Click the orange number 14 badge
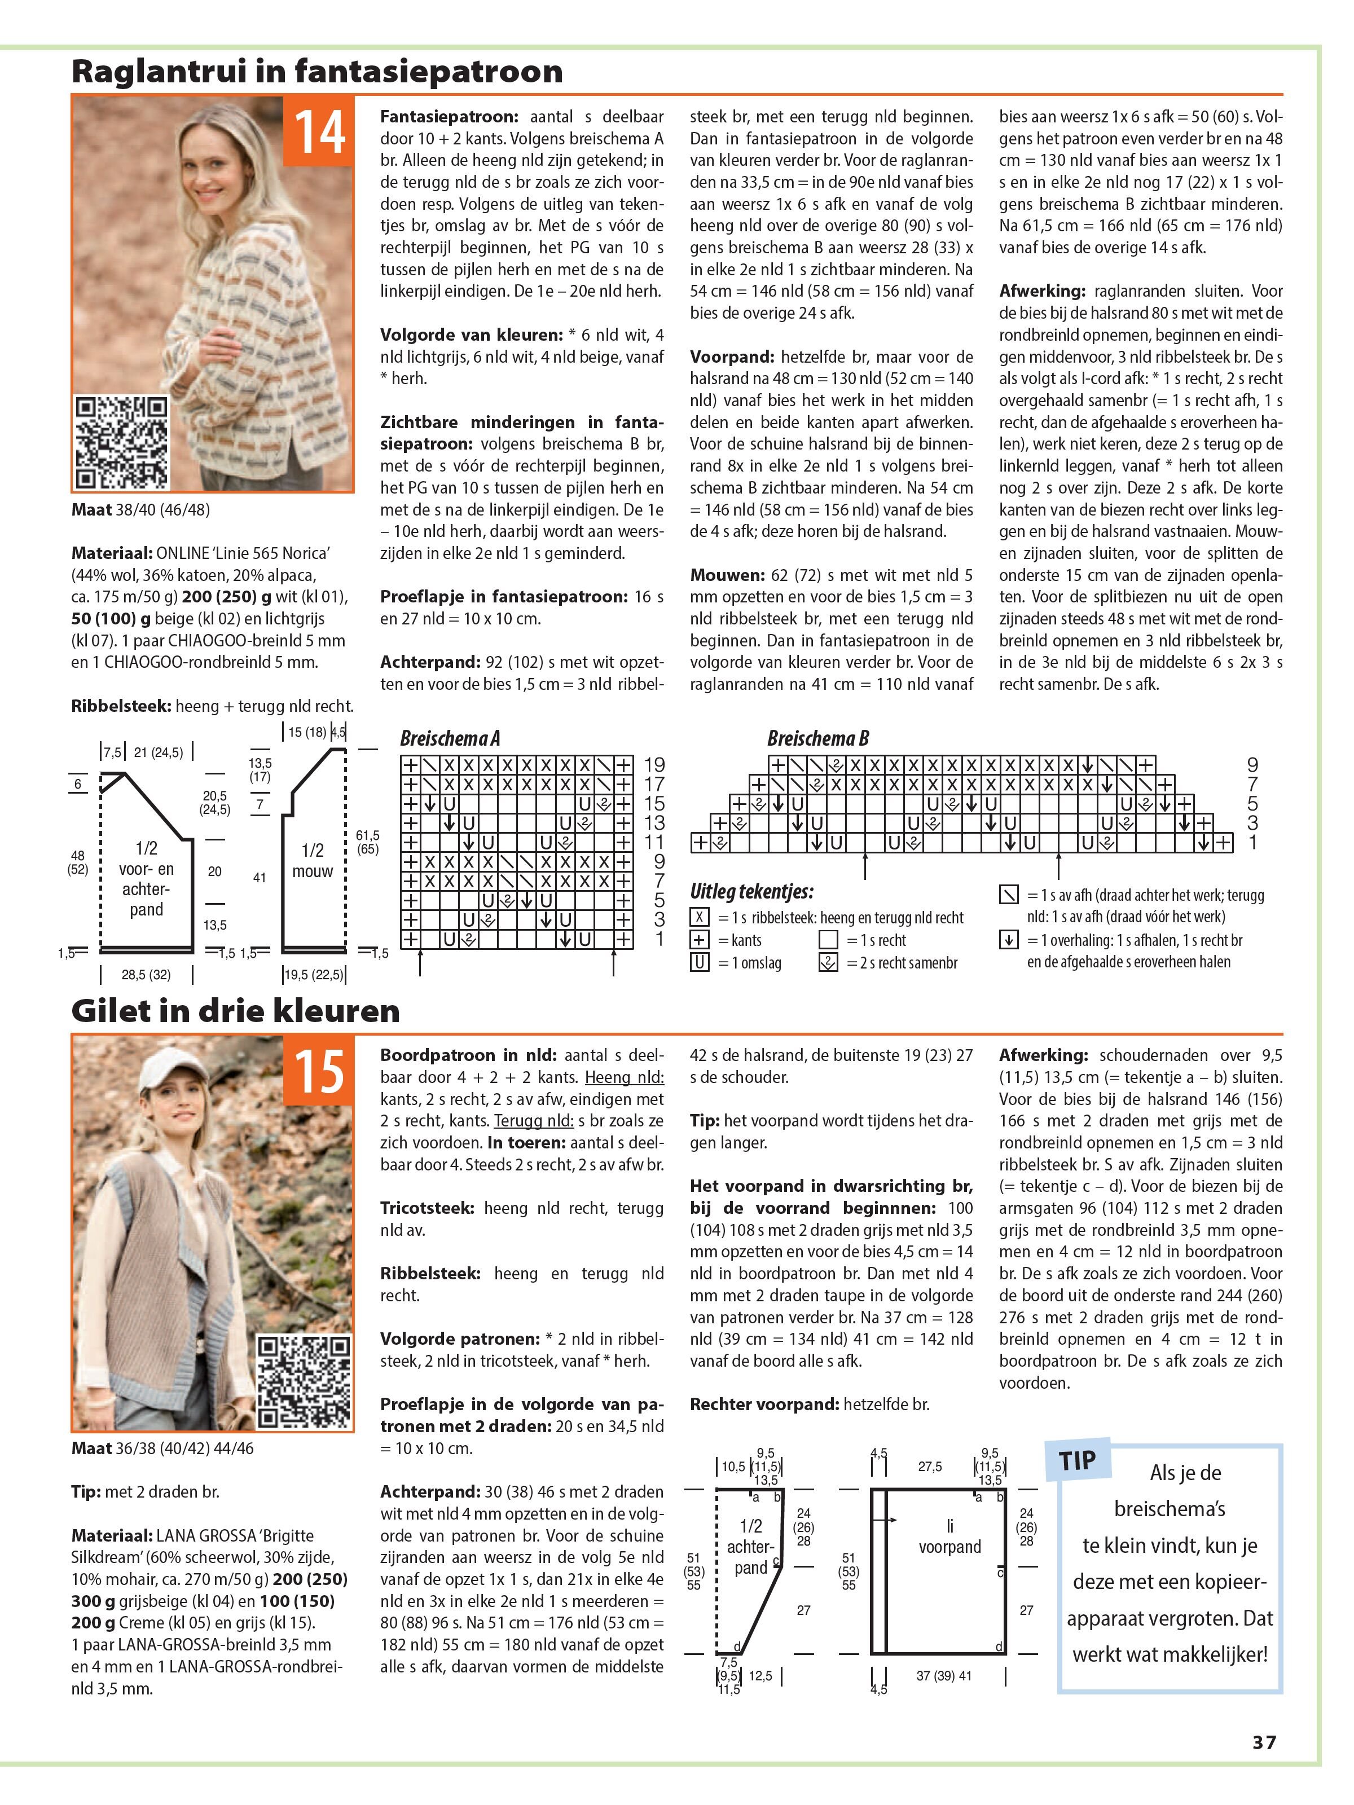pos(319,131)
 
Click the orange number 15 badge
pos(319,1071)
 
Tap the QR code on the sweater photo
pos(122,442)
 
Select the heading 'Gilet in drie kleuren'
pos(235,1010)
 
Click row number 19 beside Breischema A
pos(654,765)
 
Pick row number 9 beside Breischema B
pos(1252,765)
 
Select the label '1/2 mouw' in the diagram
pos(313,860)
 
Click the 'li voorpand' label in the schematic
pos(950,1537)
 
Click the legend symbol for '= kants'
pos(698,940)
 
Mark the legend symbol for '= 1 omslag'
pos(698,963)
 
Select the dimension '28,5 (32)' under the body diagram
pos(146,974)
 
